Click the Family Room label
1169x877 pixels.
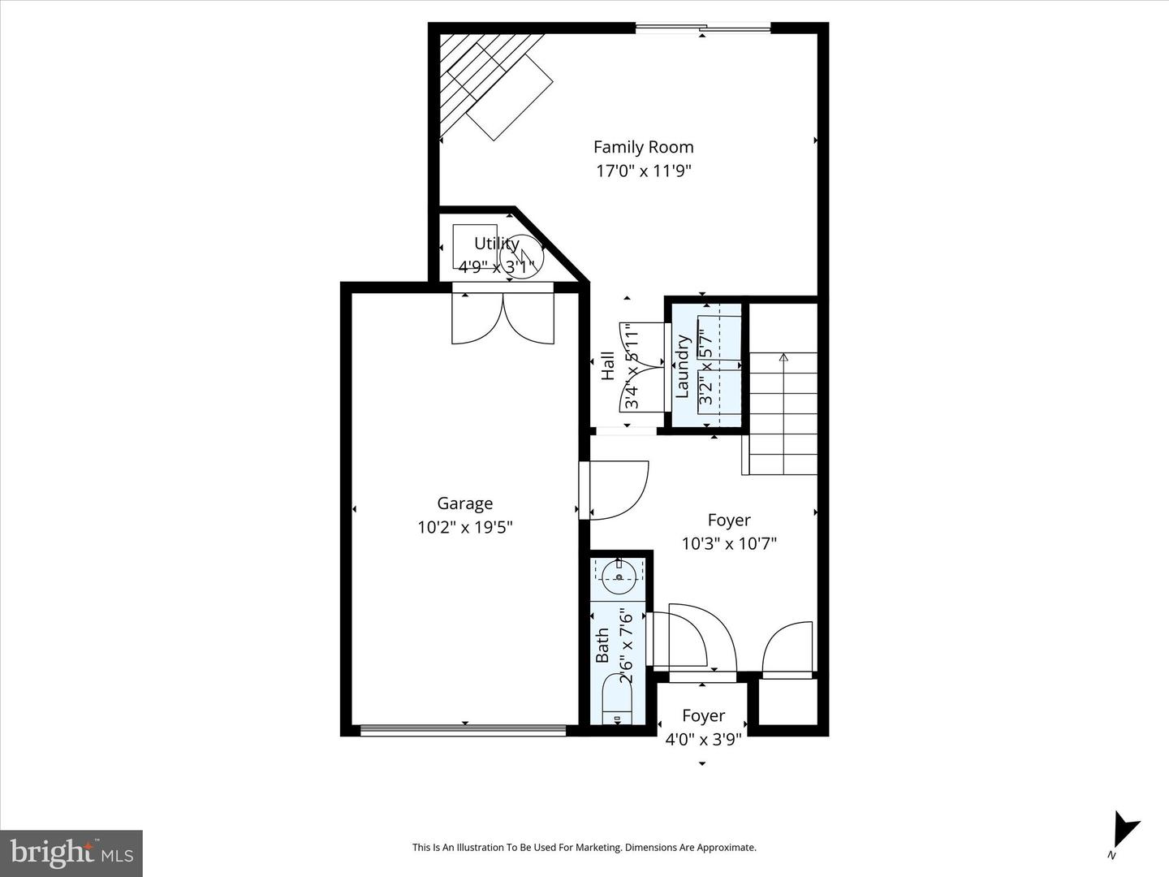pos(643,147)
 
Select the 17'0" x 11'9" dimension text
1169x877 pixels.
pos(643,171)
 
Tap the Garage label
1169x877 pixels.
pos(465,503)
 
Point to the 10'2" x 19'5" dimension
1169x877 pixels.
pos(465,527)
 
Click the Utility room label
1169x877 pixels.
pos(496,244)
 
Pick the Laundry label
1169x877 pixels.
pos(682,365)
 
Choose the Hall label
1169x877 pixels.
pos(608,365)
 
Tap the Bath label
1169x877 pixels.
pos(602,646)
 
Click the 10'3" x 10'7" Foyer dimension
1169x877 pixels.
pos(729,544)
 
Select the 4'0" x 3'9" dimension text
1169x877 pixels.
pos(703,740)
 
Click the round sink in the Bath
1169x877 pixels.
pos(619,577)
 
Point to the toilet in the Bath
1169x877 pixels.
pos(617,702)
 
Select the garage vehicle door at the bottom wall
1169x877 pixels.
pos(463,730)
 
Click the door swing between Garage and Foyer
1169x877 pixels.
pos(618,490)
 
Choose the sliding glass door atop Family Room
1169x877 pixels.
pos(704,28)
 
